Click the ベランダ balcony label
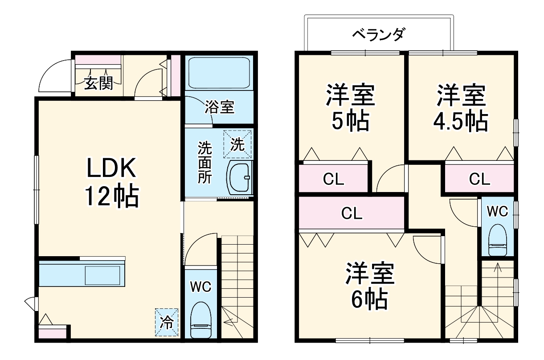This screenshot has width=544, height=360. click(x=378, y=34)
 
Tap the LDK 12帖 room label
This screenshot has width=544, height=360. click(x=111, y=182)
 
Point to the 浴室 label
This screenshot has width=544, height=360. click(x=219, y=107)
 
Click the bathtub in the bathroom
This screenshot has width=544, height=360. click(x=219, y=73)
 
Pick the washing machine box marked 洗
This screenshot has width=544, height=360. click(x=237, y=144)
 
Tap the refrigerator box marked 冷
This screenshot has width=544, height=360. click(x=167, y=322)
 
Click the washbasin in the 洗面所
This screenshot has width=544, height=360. click(x=239, y=178)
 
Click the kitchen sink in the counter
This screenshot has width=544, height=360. click(x=102, y=275)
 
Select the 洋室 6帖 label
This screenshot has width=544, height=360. click(x=370, y=286)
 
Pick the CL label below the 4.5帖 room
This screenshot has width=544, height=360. click(x=479, y=180)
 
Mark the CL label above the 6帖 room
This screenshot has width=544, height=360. click(x=352, y=214)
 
